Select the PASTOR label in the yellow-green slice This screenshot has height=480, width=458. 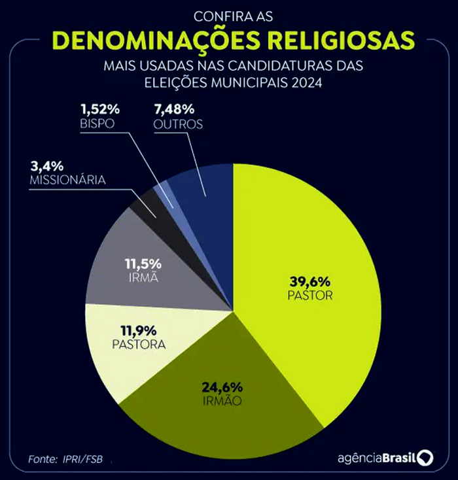pos(310,296)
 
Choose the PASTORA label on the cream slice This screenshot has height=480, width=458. pos(137,343)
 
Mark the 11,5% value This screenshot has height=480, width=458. pos(143,264)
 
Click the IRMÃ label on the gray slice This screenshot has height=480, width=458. pos(143,279)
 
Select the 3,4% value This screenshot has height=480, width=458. pos(43,165)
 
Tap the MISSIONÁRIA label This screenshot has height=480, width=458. pos(67,179)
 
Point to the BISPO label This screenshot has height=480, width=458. pos(98,123)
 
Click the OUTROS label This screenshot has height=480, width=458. pos(178,124)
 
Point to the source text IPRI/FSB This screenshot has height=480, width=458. pos(86,459)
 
